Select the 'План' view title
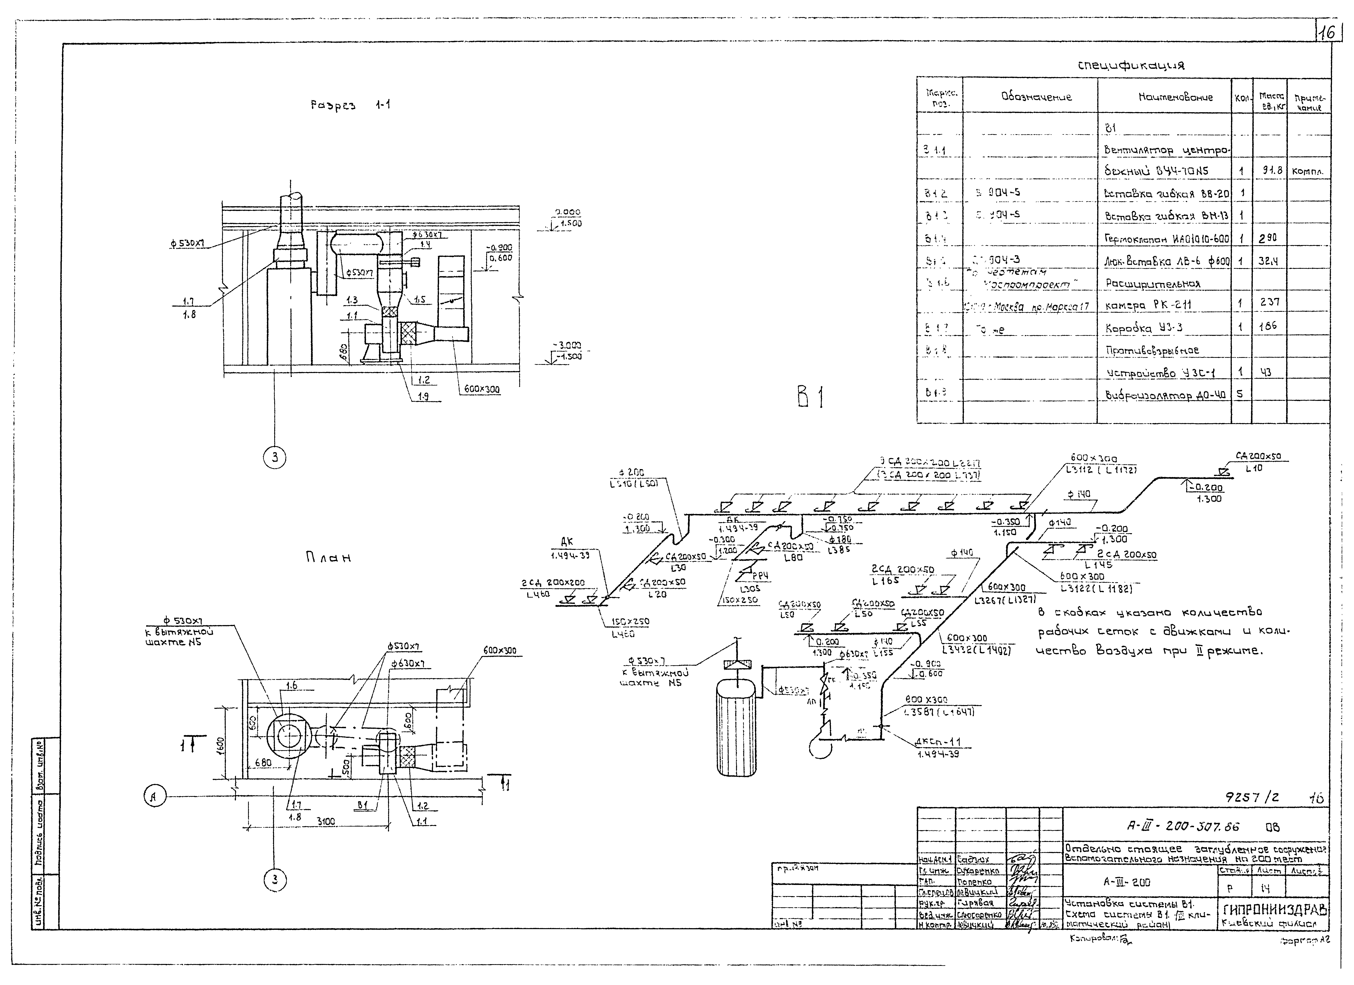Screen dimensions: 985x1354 tap(328, 558)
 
